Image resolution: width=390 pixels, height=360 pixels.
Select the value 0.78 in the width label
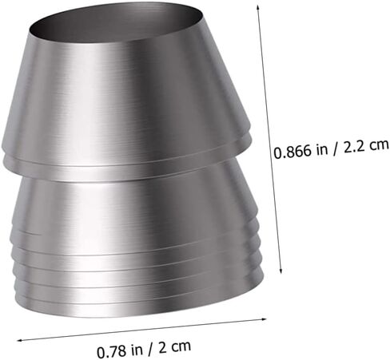tap(111, 352)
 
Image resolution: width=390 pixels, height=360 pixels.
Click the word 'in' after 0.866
tap(322, 149)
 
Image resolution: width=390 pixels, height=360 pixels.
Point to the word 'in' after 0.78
tap(137, 350)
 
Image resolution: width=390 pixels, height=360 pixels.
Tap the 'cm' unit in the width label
tap(181, 346)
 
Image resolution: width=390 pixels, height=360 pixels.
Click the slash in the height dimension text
tap(336, 148)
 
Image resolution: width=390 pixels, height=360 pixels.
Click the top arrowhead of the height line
tap(257, 7)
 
